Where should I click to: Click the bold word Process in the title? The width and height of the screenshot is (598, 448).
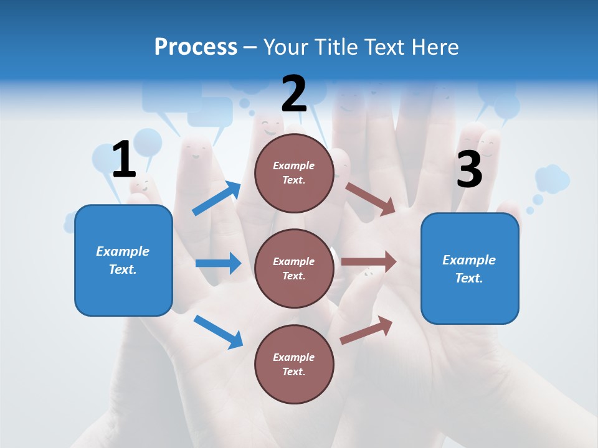[x=196, y=47]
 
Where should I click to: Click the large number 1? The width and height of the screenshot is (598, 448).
[x=123, y=160]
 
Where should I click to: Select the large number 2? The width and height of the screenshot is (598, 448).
[x=294, y=94]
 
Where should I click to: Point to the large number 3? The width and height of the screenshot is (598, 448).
[x=469, y=169]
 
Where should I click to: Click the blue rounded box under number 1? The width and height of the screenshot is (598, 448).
[x=123, y=260]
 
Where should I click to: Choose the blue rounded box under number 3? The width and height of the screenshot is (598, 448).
[x=470, y=268]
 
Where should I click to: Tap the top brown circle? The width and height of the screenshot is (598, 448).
[x=294, y=173]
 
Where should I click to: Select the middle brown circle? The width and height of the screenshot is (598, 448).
[x=294, y=268]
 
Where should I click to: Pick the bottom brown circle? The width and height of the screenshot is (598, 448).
[x=294, y=364]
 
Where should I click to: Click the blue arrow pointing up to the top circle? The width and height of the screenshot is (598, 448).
[x=216, y=198]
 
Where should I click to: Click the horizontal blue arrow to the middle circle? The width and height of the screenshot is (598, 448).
[x=218, y=263]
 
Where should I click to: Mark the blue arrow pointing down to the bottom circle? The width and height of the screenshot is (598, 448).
[x=218, y=331]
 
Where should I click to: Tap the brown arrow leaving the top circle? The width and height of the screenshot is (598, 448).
[x=370, y=198]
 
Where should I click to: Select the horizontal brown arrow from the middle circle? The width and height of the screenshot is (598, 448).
[x=368, y=262]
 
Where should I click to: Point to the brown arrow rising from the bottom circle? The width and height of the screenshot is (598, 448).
[x=366, y=330]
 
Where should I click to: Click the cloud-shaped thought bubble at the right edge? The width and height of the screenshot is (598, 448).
[x=552, y=179]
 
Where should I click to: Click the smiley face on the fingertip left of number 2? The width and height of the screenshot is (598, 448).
[x=198, y=150]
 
